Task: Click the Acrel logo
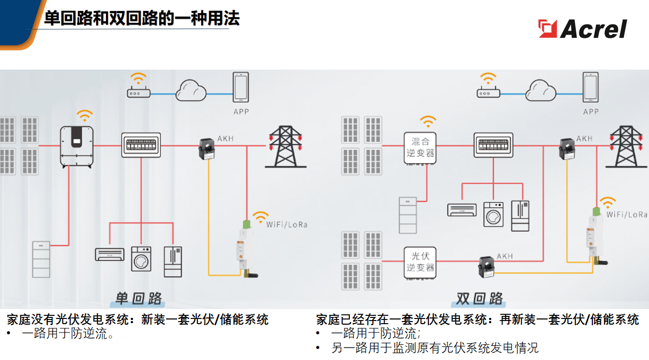coord(583,29)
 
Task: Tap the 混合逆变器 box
coord(420,148)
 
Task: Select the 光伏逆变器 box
coord(420,262)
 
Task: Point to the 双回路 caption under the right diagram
coord(479,298)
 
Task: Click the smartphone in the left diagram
coord(241,88)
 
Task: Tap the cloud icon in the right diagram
coord(541,90)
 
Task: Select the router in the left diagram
coord(139,94)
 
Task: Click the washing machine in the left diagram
coord(142,258)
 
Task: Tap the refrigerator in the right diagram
coord(520,215)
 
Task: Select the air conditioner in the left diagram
coord(110,254)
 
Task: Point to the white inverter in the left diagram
coord(77,146)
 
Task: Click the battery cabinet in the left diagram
coord(42,259)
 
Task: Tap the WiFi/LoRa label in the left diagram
coord(287,224)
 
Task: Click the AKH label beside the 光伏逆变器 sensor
coord(505,256)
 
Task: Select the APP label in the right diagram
coord(590,112)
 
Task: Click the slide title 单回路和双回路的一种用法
coord(142,19)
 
